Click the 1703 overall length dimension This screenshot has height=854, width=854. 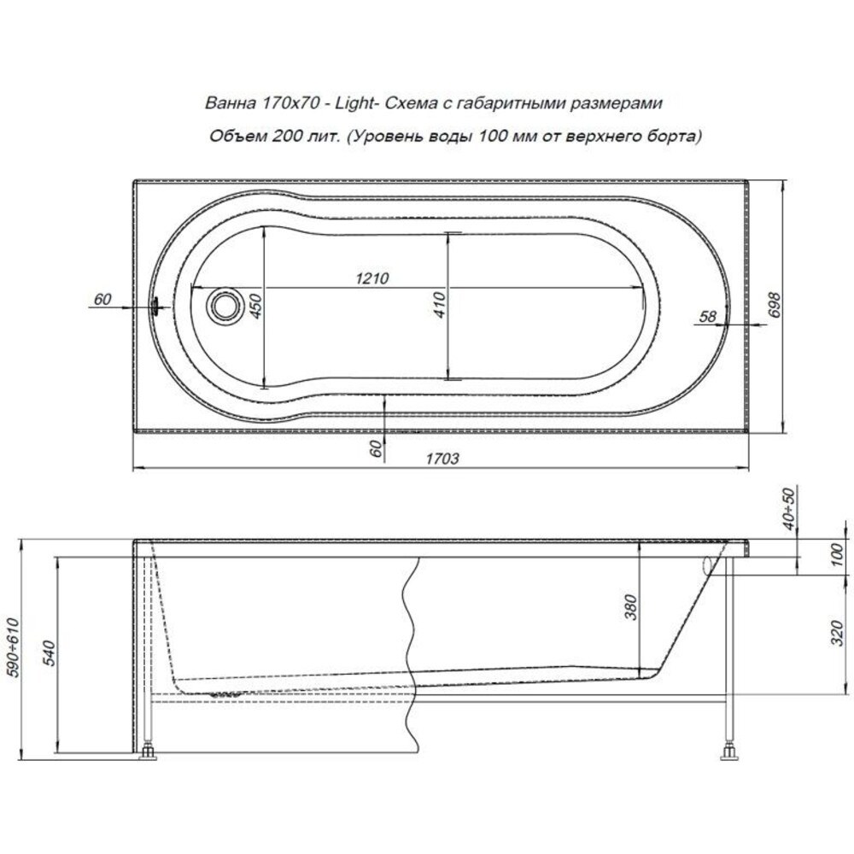[x=442, y=458]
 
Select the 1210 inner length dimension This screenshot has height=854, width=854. [x=372, y=278]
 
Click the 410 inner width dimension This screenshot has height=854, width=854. [x=440, y=305]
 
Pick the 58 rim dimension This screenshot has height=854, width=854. [x=707, y=316]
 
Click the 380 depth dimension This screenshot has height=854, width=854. [x=629, y=606]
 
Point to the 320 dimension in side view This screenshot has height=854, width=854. [x=838, y=633]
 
